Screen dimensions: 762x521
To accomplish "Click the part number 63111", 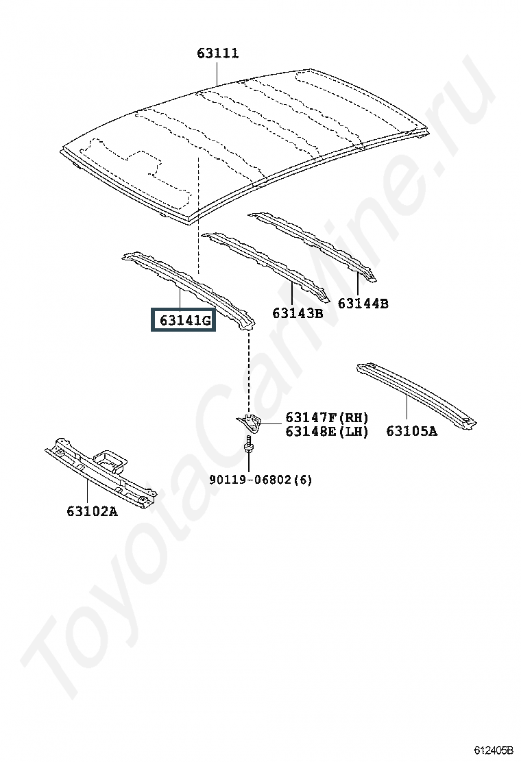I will point(218,53).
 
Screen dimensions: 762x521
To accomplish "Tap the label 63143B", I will point(298,313).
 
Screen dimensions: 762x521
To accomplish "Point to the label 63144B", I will point(363,303).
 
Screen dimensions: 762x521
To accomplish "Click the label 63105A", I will point(411,430).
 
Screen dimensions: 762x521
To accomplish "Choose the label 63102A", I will point(92,511).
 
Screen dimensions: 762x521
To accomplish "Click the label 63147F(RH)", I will point(327,417).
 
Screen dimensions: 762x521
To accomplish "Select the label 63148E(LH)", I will point(327,431).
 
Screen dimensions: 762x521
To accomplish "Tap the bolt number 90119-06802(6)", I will point(260,480).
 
